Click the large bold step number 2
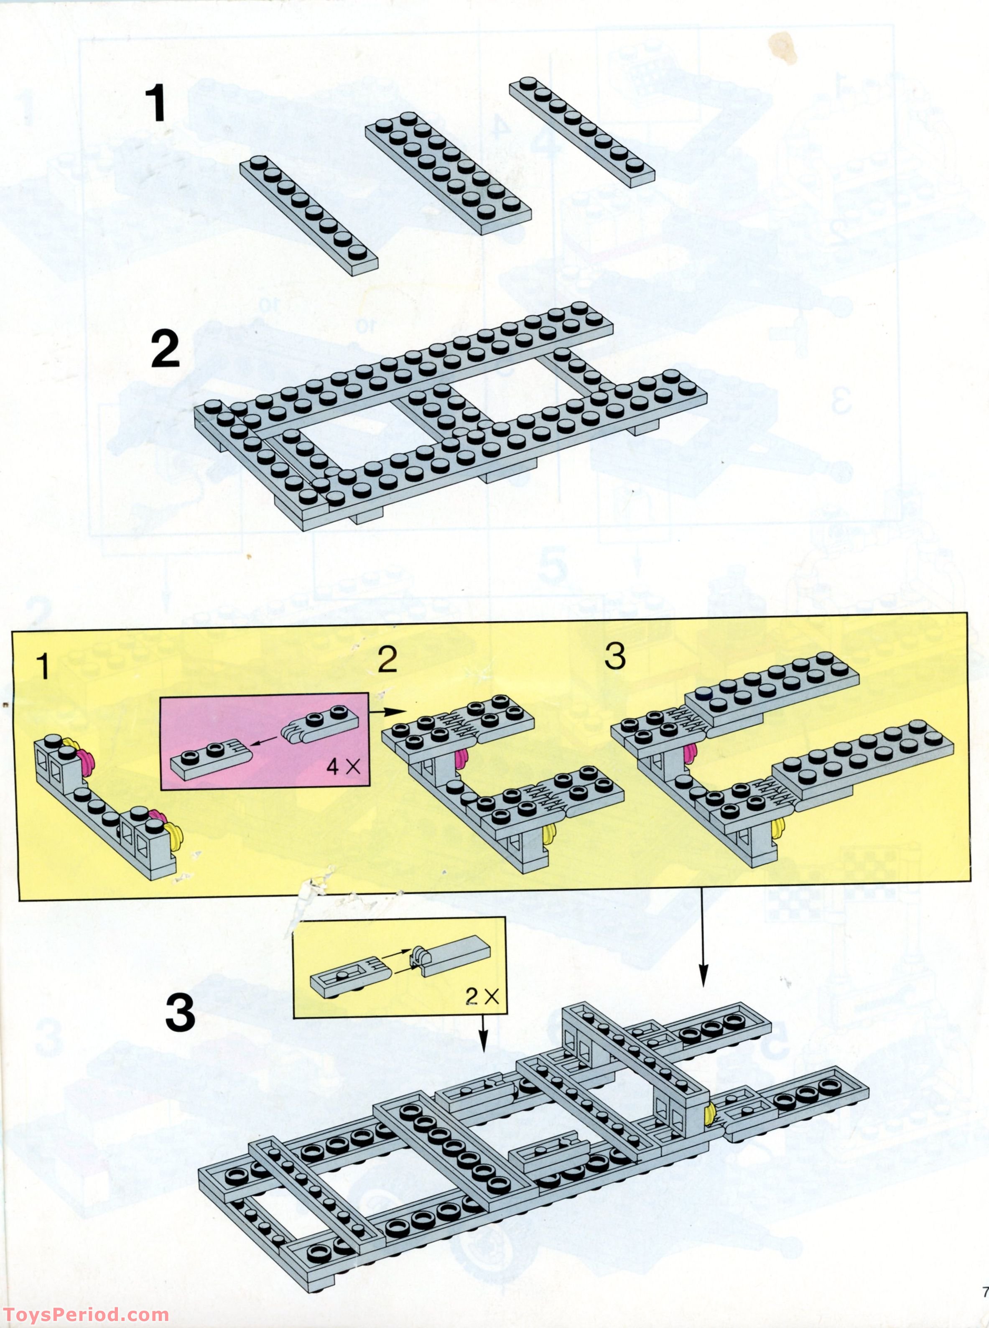[x=165, y=350]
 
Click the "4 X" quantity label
[x=343, y=767]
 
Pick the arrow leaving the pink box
[x=388, y=711]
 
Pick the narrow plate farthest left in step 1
[x=309, y=216]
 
